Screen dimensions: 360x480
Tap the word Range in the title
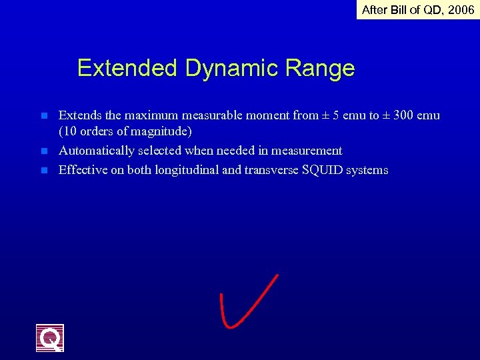(x=323, y=68)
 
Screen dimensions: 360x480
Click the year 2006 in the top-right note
(x=460, y=10)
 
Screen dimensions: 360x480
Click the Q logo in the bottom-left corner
(x=50, y=337)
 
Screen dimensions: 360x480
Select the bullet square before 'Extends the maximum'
(x=44, y=116)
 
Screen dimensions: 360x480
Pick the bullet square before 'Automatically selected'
(x=44, y=151)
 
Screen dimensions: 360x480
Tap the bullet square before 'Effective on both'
(x=44, y=171)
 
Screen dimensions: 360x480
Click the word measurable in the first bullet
(x=189, y=115)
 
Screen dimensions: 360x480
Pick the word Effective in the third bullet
(x=83, y=170)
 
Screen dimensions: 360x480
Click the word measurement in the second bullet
(x=305, y=151)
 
